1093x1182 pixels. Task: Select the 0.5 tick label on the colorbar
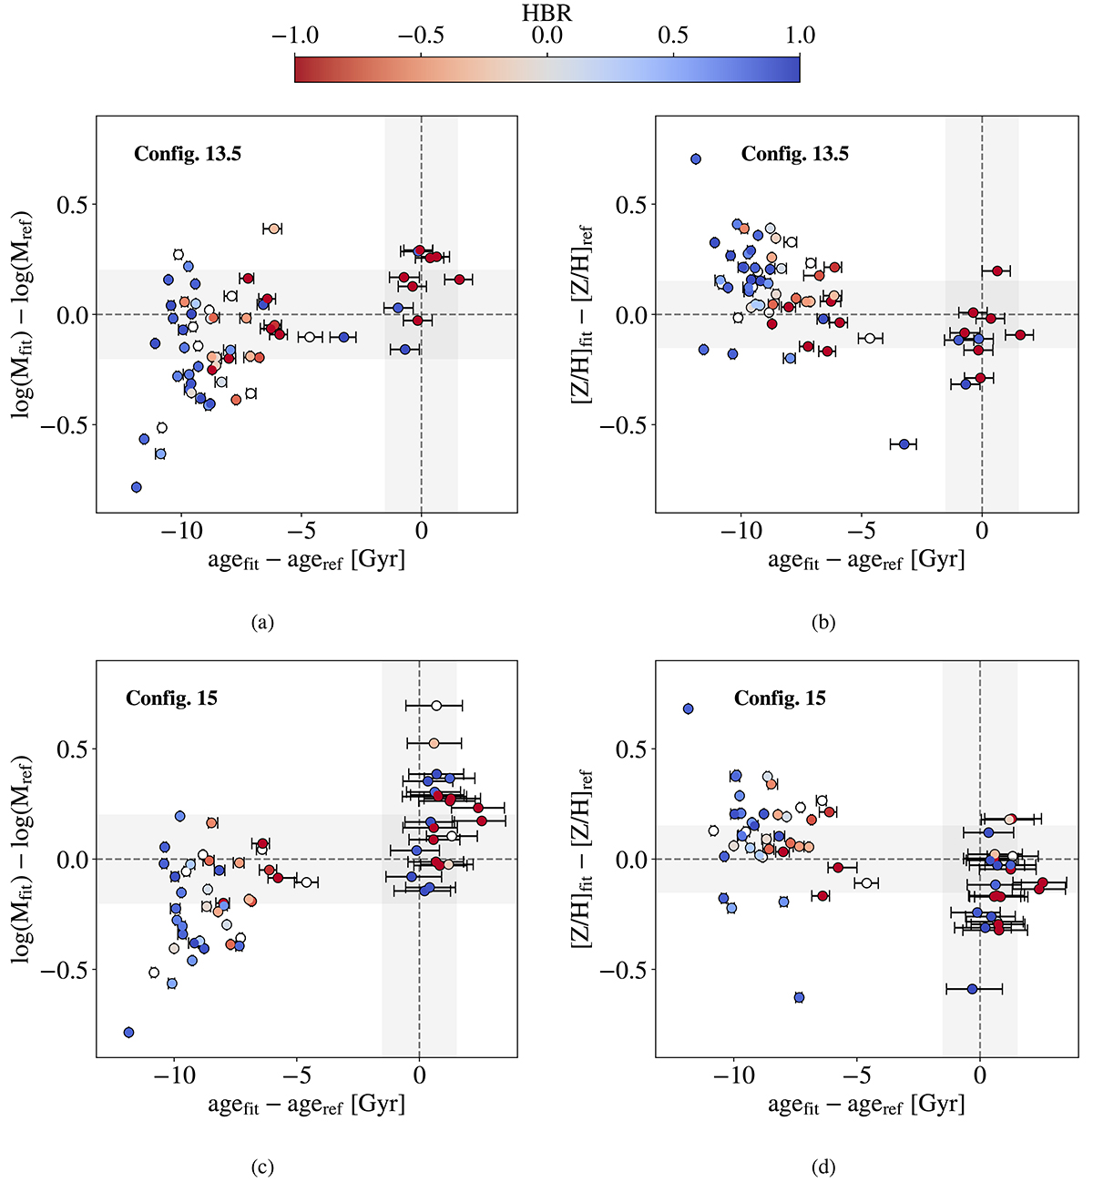pos(673,36)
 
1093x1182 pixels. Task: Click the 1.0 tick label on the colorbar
pos(799,36)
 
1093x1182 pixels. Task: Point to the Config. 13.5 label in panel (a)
pos(188,154)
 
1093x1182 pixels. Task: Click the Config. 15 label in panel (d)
pos(780,698)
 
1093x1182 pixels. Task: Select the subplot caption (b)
pos(822,623)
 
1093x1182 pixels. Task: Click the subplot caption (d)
pos(822,1167)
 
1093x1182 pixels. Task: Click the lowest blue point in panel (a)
pos(137,487)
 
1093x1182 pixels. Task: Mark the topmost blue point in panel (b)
pos(696,158)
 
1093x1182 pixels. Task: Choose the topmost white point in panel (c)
pos(436,706)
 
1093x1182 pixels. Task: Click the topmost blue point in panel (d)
pos(688,708)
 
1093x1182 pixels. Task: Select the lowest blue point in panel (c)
pos(128,1032)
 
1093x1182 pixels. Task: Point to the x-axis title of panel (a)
pos(306,559)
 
